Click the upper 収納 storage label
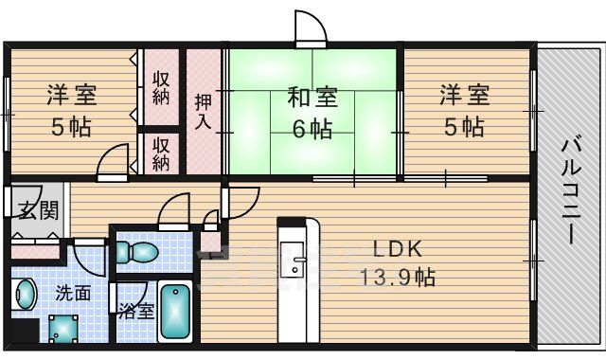pyautogui.click(x=162, y=87)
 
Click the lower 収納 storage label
pyautogui.click(x=162, y=153)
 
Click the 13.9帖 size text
pyautogui.click(x=397, y=279)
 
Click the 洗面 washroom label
pyautogui.click(x=73, y=293)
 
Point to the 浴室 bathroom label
pyautogui.click(x=135, y=311)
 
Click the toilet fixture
pyautogui.click(x=135, y=252)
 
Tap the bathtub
pyautogui.click(x=176, y=313)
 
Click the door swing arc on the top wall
pyautogui.click(x=310, y=28)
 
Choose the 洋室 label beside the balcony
pyautogui.click(x=464, y=96)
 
